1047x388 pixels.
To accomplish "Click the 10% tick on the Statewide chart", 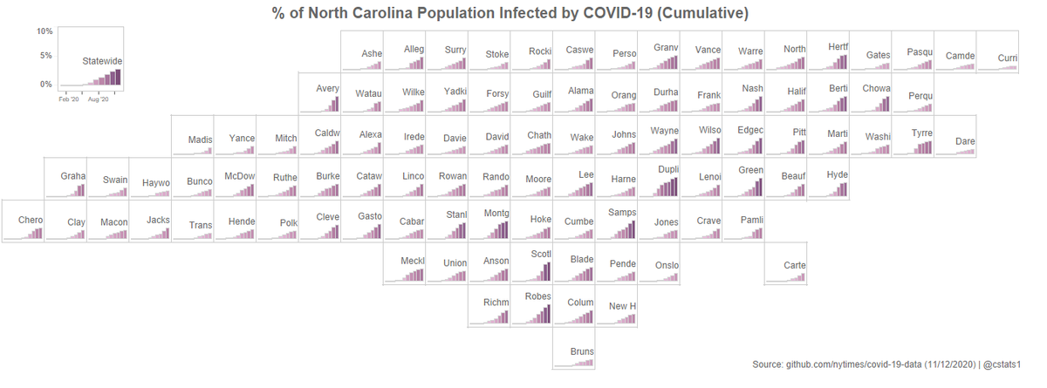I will coord(44,31).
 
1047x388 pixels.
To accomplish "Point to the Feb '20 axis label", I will coord(69,100).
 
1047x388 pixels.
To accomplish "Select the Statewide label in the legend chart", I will coord(102,62).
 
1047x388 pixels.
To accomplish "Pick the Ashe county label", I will coord(372,54).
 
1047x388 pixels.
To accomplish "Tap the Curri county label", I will coord(1008,58).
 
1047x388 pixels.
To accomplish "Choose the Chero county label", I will coord(31,221).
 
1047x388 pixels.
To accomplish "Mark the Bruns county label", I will coord(582,352).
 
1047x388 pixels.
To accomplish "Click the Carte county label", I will coord(795,265).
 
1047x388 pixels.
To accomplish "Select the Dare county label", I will coord(965,141).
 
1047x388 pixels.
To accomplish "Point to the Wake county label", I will coord(582,138).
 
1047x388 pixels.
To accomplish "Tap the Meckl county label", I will coord(412,261).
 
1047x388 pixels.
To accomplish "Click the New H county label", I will coord(622,306).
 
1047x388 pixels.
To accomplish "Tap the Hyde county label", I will coord(837,174).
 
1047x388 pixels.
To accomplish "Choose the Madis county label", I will coord(201,140).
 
